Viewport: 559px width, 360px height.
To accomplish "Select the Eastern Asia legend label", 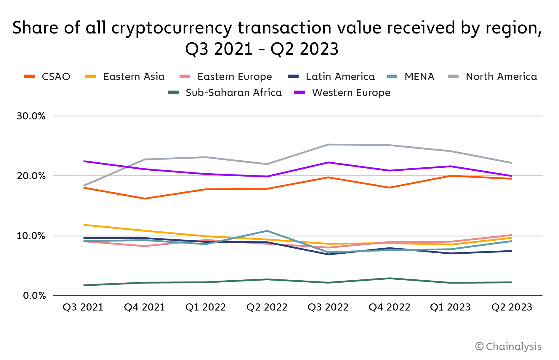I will [x=134, y=77].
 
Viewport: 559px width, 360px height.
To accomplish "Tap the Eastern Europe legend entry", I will [x=234, y=77].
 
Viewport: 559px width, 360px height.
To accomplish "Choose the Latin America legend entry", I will [x=340, y=77].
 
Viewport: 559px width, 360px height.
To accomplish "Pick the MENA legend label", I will [x=419, y=77].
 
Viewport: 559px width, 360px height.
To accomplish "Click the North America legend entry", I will [x=501, y=77].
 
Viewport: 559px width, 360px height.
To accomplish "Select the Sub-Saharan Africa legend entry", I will [x=233, y=93].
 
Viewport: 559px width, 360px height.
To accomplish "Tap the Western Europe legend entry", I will [x=351, y=93].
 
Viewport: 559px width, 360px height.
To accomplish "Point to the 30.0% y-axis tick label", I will [x=31, y=116].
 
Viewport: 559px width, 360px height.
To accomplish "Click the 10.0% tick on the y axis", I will [x=31, y=236].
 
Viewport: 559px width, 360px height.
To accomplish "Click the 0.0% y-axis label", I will [x=34, y=296].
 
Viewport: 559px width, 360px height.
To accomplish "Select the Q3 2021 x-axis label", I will [x=83, y=307].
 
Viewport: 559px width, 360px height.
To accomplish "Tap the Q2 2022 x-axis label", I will [x=267, y=307].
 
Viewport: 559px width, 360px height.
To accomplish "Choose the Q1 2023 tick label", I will [x=450, y=307].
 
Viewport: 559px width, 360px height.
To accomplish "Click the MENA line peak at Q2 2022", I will [x=267, y=231].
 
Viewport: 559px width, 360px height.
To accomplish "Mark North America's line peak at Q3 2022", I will [x=328, y=145].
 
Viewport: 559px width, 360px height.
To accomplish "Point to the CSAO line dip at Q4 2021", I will [x=145, y=199].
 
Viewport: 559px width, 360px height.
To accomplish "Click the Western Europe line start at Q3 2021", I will [x=84, y=161].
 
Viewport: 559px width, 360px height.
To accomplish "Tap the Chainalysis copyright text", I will [x=508, y=346].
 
